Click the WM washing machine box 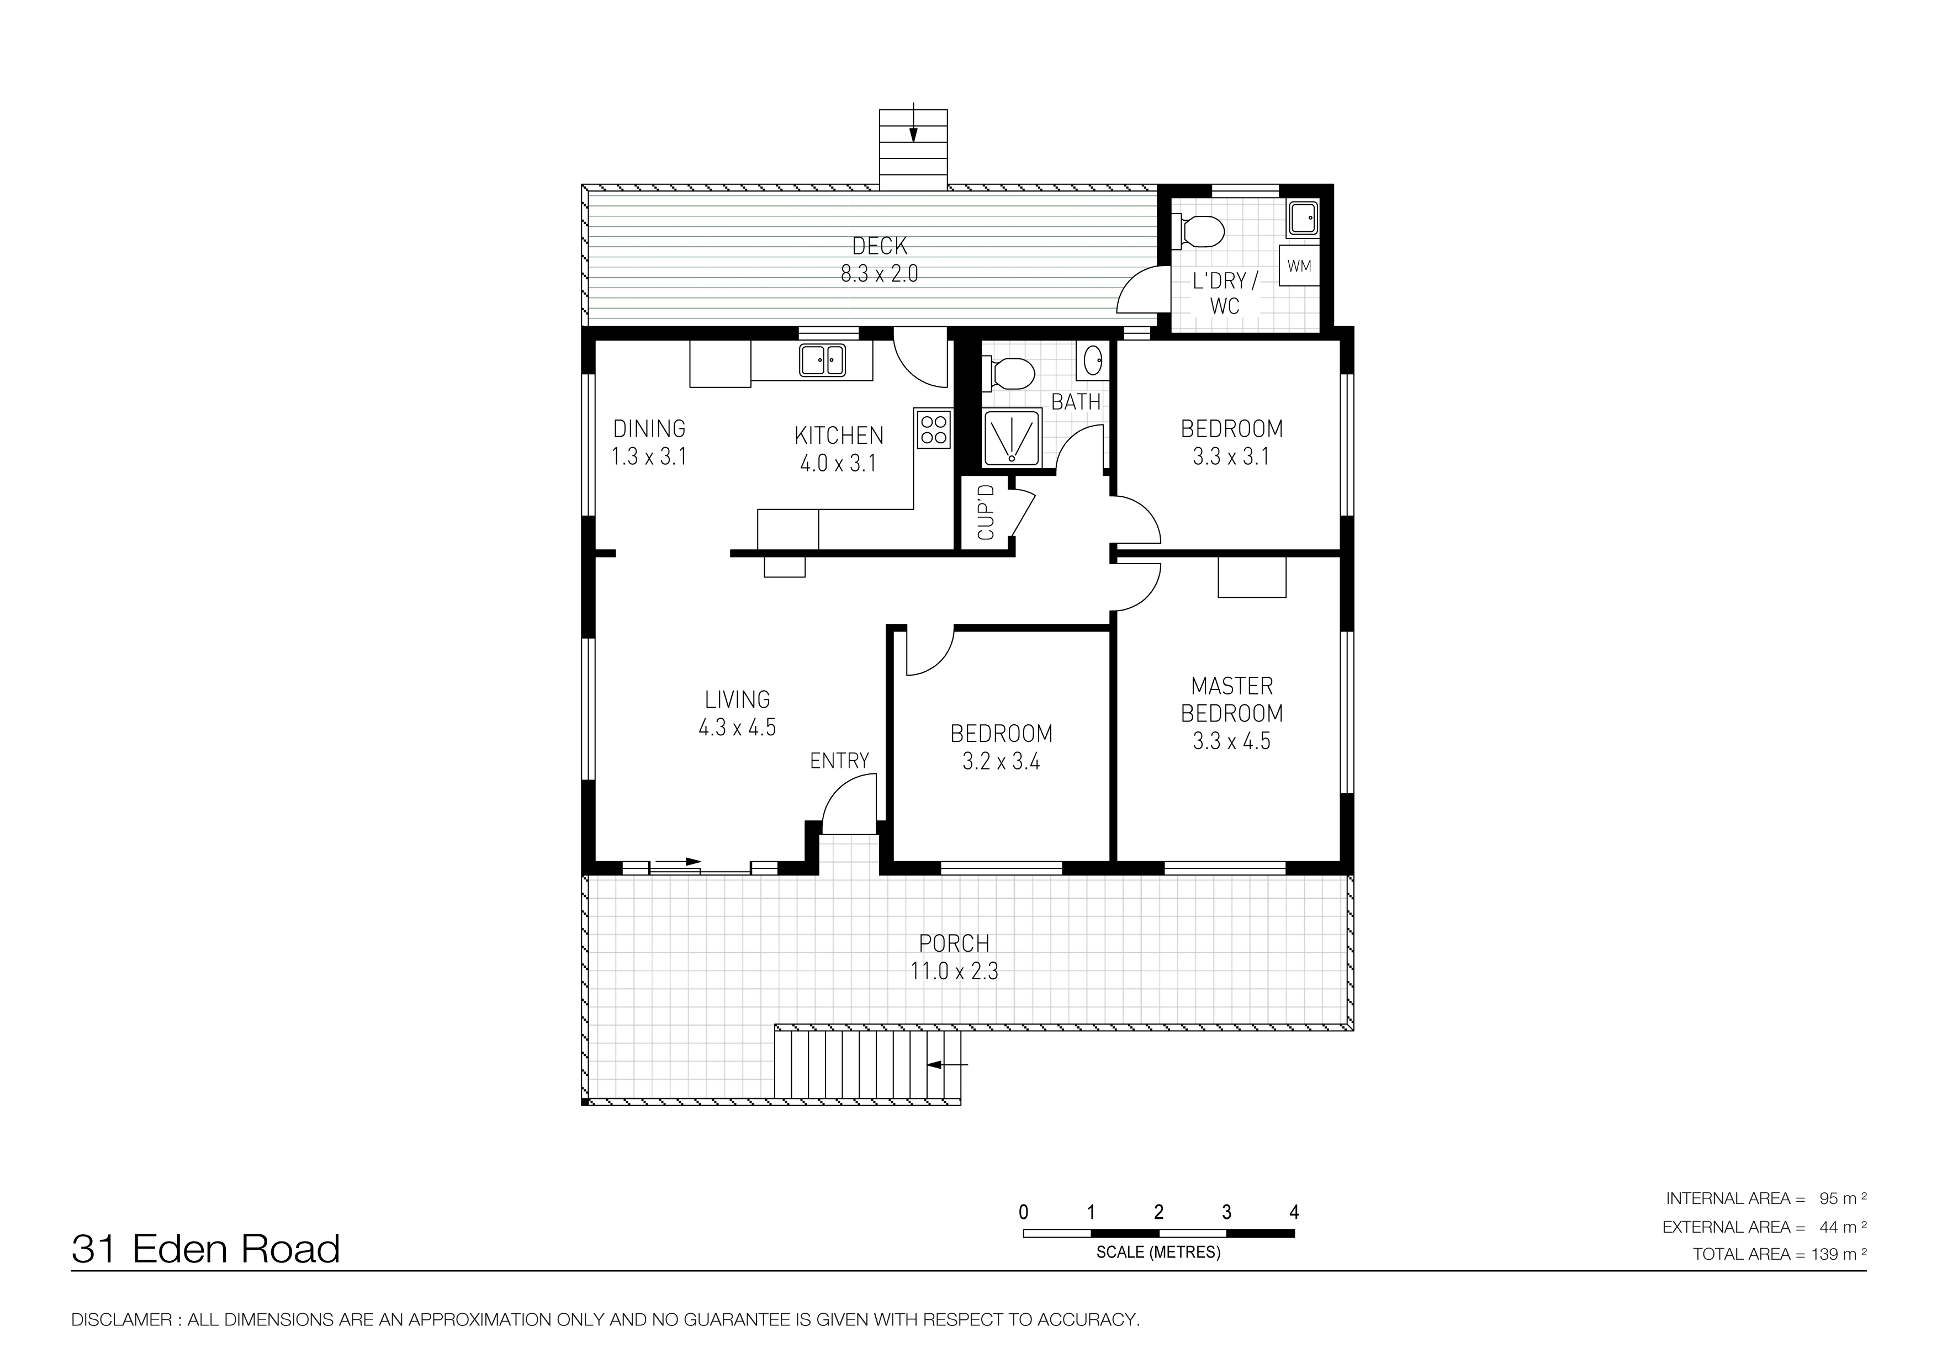[x=1298, y=266]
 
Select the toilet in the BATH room [x=1008, y=372]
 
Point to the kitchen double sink [x=823, y=360]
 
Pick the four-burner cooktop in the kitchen [x=933, y=428]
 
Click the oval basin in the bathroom [x=1093, y=361]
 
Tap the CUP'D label [x=986, y=512]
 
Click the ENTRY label [x=839, y=761]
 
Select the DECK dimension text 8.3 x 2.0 [x=879, y=273]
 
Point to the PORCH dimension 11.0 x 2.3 [x=954, y=971]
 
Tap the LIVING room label [x=737, y=699]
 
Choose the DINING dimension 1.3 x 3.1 [x=649, y=457]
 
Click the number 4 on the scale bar [x=1294, y=1212]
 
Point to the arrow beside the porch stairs [x=948, y=1064]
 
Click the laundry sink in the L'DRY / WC [x=1302, y=219]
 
